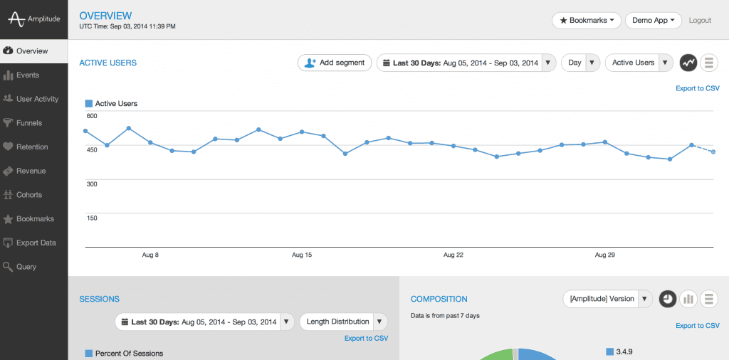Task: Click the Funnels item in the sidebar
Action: coord(28,123)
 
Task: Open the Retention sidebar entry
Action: coord(31,147)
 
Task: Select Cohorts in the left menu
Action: coord(29,195)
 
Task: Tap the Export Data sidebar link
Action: coord(36,243)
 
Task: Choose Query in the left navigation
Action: coord(26,267)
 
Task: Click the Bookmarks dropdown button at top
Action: coord(587,21)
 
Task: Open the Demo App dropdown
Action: coord(653,21)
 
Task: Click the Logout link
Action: coord(700,21)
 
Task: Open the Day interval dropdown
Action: coord(580,63)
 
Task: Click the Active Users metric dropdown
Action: coord(639,63)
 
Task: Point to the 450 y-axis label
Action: coord(92,149)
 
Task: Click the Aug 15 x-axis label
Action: coord(302,255)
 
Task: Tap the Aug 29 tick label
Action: coord(605,255)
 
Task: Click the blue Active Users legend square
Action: coord(89,104)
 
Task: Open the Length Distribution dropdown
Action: coord(343,322)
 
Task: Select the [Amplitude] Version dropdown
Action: coord(607,299)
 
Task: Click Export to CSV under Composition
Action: coord(697,326)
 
